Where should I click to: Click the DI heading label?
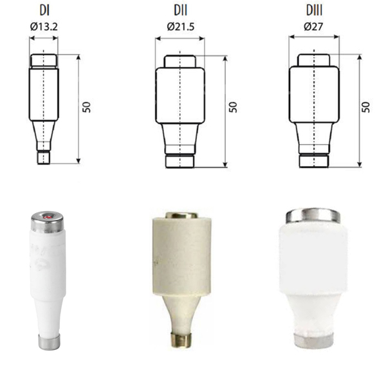click(44, 10)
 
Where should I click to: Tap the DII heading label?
click(180, 10)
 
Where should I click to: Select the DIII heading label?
click(314, 10)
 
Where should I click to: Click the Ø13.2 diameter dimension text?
click(44, 26)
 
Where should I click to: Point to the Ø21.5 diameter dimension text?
click(181, 26)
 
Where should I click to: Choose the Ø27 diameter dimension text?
click(314, 26)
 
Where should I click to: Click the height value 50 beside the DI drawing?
click(87, 107)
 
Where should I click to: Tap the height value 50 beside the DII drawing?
click(233, 107)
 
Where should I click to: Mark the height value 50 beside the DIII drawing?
click(367, 107)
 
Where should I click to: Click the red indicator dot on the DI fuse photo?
click(47, 217)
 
